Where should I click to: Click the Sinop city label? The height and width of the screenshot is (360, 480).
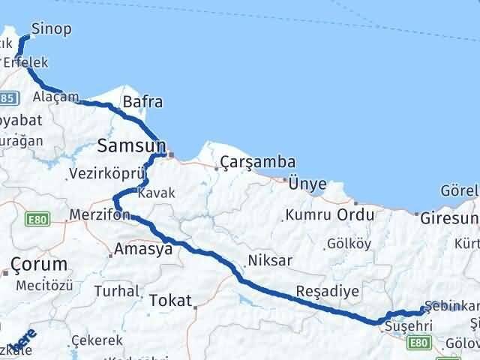[x=52, y=29]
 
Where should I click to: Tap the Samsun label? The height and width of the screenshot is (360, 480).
[x=130, y=144]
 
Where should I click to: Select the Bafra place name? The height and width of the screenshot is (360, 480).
[x=142, y=102]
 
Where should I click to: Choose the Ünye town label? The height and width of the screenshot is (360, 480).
[x=308, y=184]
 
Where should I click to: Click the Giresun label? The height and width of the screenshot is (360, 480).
[x=449, y=219]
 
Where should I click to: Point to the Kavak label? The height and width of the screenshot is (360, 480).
[x=157, y=193]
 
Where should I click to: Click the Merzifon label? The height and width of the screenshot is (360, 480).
[x=100, y=215]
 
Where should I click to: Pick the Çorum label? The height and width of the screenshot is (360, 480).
[x=39, y=263]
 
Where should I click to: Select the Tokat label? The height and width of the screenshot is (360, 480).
[x=171, y=300]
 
